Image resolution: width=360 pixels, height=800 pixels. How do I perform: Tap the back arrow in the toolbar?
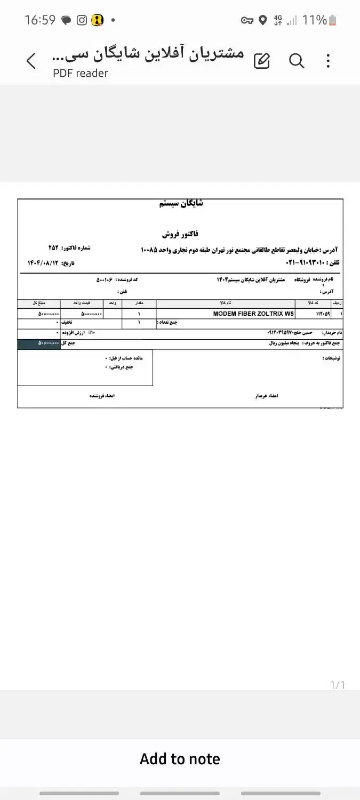tap(31, 61)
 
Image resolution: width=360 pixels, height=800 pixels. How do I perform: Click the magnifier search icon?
tap(297, 61)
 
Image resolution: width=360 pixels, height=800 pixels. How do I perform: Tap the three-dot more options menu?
tap(328, 61)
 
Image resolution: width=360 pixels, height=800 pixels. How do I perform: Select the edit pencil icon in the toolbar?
tap(262, 61)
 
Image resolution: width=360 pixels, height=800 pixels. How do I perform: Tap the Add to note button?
tap(180, 759)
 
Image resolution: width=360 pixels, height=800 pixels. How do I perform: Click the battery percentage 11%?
tap(314, 20)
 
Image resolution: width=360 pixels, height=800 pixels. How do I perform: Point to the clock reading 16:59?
tap(40, 20)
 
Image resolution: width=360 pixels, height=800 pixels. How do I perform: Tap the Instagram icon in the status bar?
tap(82, 20)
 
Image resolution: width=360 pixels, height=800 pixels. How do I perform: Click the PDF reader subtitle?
tap(81, 74)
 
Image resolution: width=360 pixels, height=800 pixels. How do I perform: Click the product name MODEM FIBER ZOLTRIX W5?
tap(253, 314)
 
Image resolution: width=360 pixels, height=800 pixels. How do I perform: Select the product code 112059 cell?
tap(323, 314)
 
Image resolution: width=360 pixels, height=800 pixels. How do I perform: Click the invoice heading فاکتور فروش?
tap(180, 234)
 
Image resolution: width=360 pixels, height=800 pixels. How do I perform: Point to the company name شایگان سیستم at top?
tap(181, 203)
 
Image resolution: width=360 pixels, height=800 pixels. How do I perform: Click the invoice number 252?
tap(53, 248)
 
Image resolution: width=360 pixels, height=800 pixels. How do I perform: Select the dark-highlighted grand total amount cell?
tap(39, 343)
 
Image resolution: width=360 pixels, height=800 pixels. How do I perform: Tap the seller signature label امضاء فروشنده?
tap(102, 396)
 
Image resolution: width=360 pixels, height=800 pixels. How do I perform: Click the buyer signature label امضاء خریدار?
tap(267, 396)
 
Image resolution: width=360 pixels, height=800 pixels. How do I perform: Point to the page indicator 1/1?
tap(338, 685)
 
